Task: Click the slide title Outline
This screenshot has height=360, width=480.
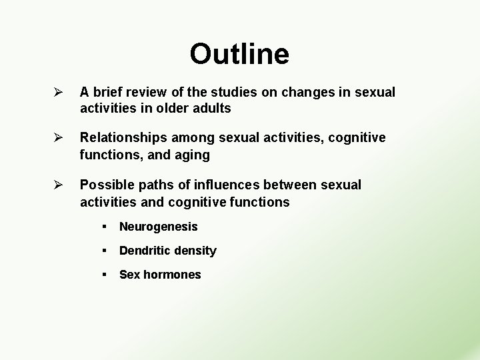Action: pyautogui.click(x=239, y=54)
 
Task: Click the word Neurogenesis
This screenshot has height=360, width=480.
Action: pyautogui.click(x=158, y=227)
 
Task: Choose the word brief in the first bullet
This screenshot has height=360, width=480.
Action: pyautogui.click(x=110, y=92)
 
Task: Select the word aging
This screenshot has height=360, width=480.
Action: pyautogui.click(x=192, y=155)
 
